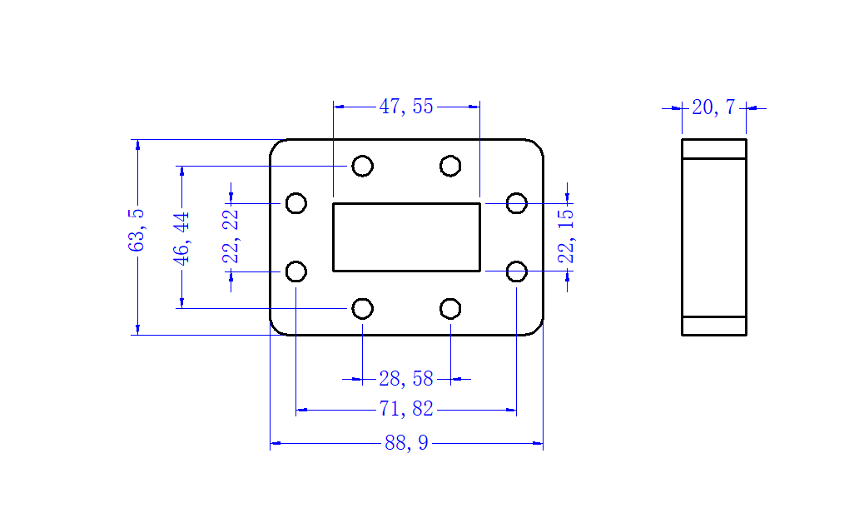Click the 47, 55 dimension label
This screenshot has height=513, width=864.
406,107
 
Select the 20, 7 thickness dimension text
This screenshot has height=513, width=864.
713,107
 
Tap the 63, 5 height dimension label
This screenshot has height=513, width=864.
137,230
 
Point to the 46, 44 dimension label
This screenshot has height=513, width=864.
181,238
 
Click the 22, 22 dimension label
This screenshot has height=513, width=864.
231,237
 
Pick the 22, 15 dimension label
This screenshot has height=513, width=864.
566,237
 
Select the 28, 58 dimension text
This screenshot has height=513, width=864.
406,379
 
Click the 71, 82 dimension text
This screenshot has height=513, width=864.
406,409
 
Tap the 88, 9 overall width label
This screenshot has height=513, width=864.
406,443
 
